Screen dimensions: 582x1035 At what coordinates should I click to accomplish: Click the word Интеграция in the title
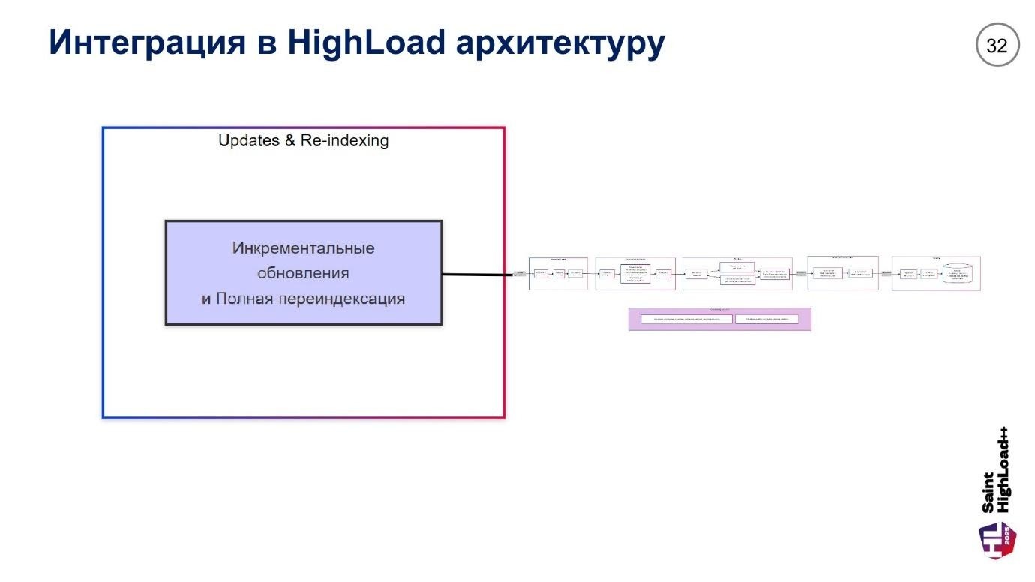pyautogui.click(x=146, y=43)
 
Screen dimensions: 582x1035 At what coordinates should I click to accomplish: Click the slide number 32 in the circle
pyautogui.click(x=997, y=46)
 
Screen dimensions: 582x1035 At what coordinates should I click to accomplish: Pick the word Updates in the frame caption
pyautogui.click(x=247, y=141)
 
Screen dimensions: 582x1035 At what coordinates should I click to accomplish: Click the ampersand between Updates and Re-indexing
pyautogui.click(x=289, y=141)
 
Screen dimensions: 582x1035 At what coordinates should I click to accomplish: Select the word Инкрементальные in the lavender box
pyautogui.click(x=303, y=248)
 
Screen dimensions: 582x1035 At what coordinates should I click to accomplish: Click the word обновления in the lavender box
pyautogui.click(x=303, y=272)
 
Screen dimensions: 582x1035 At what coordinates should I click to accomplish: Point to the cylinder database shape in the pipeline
pyautogui.click(x=961, y=274)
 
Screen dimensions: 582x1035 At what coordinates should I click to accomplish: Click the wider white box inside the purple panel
pyautogui.click(x=686, y=319)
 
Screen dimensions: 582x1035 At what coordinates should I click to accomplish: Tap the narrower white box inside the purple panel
pyautogui.click(x=766, y=319)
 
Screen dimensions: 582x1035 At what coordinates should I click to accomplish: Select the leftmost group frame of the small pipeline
pyautogui.click(x=559, y=273)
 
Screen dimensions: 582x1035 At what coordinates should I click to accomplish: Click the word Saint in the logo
pyautogui.click(x=989, y=493)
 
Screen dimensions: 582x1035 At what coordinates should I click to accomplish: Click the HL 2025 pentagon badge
pyautogui.click(x=997, y=540)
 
